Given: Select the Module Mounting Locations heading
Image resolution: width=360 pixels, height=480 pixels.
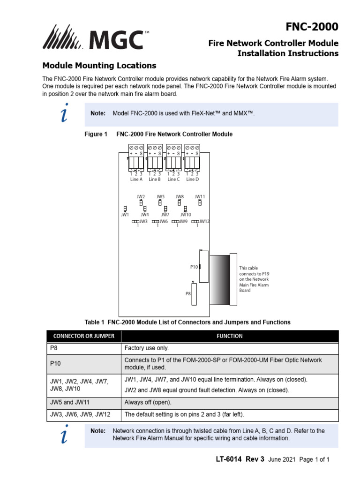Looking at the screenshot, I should [99, 66].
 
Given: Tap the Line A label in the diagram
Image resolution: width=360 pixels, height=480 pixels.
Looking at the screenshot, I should [136, 179].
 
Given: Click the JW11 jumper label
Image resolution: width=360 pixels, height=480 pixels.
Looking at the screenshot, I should [200, 197].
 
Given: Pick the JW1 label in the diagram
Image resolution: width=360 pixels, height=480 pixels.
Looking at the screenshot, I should [125, 215].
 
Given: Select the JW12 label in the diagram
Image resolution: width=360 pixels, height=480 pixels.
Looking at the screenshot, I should [204, 221].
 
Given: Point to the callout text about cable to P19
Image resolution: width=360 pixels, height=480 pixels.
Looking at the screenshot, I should [254, 279].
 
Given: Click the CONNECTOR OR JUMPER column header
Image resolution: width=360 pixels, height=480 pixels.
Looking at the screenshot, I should [83, 336].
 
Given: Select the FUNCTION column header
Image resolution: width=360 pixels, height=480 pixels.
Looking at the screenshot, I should [229, 336].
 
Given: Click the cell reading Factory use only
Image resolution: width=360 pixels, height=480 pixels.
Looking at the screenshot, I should [146, 348].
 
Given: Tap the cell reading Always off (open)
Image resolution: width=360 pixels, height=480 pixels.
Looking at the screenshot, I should [148, 402].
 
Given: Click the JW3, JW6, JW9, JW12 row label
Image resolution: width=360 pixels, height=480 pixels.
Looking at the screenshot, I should [80, 415].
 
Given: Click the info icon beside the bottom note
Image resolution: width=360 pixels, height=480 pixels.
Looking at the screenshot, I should [64, 435].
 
